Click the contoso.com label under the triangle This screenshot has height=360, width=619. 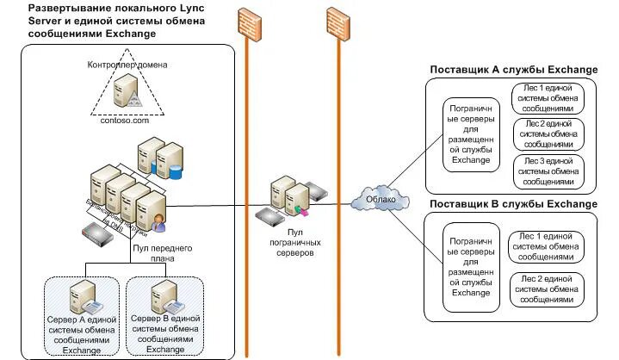pyautogui.click(x=125, y=121)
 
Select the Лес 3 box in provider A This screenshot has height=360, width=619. pyautogui.click(x=548, y=171)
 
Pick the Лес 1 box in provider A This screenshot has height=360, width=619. pyautogui.click(x=548, y=98)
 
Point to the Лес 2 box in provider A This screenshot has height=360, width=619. pyautogui.click(x=548, y=134)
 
